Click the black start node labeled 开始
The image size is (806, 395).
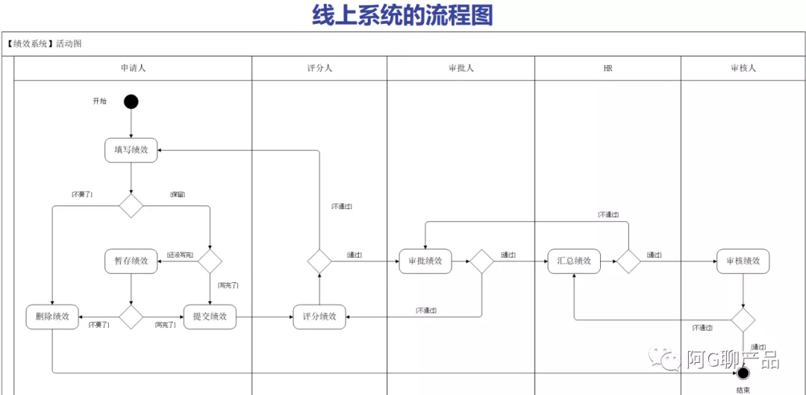tap(131, 102)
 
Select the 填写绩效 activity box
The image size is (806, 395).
tap(131, 150)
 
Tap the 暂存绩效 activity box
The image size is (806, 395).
tap(131, 261)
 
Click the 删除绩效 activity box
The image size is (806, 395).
tap(52, 317)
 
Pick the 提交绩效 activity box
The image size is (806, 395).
tap(210, 317)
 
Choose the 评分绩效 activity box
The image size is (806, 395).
tap(319, 317)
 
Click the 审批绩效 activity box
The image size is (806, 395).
tap(425, 261)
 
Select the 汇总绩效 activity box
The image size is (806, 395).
tap(574, 261)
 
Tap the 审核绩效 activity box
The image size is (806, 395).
tap(743, 261)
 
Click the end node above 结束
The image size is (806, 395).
tap(743, 373)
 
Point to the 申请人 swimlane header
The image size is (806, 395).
tap(133, 68)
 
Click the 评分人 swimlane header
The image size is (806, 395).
tap(319, 68)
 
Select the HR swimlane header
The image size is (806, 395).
tap(607, 68)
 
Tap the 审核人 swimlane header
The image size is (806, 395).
tap(743, 68)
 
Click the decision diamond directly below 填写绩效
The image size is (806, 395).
tap(131, 205)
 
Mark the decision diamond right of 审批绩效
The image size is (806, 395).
tap(481, 261)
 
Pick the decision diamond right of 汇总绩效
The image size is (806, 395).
tap(628, 261)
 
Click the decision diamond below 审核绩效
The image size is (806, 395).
tap(743, 320)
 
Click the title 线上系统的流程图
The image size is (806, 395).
tap(403, 15)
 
